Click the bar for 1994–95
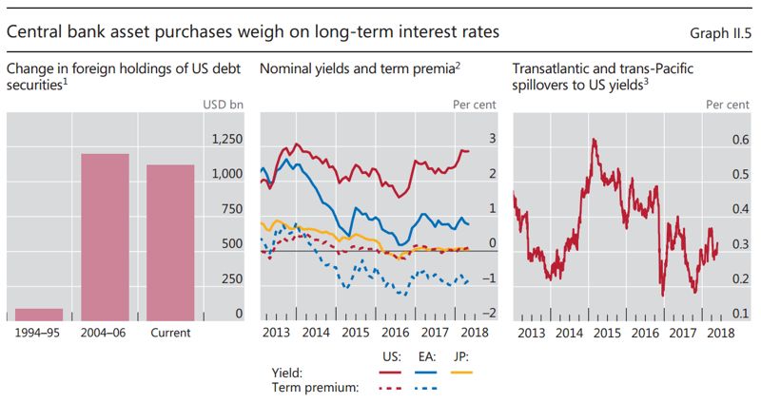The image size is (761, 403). (39, 314)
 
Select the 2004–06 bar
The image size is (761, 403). (105, 237)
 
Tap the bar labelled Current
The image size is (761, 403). (170, 242)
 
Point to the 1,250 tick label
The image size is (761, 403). (225, 140)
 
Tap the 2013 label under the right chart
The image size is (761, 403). (532, 334)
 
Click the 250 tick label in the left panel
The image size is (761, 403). (231, 279)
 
